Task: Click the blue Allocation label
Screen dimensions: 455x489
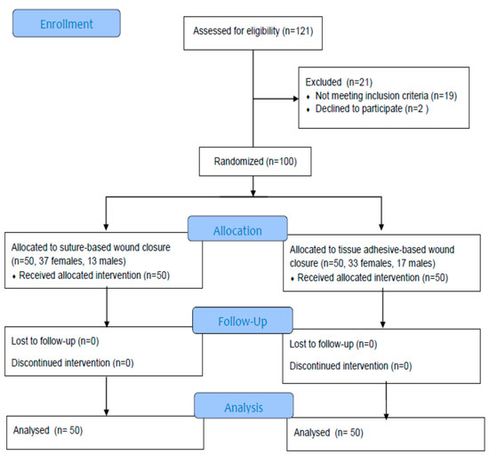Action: click(x=238, y=228)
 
